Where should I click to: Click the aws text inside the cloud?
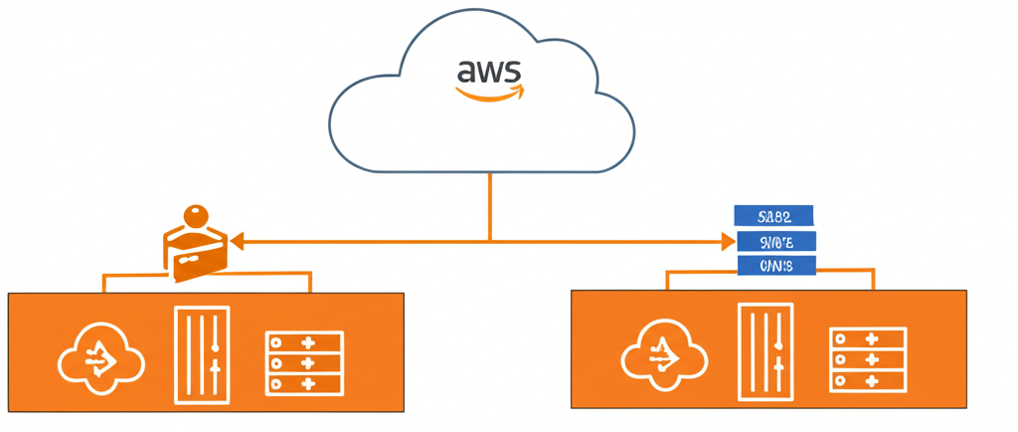point(488,73)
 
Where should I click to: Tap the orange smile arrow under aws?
point(489,95)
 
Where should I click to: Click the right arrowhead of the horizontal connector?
point(727,241)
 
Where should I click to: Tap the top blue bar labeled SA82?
point(773,215)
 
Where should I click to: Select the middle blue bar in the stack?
point(775,241)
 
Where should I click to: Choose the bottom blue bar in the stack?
point(775,266)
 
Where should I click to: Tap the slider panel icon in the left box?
point(202,354)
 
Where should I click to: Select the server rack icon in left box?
point(304,361)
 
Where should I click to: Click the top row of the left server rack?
point(304,342)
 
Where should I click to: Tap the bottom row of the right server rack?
point(867,380)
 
